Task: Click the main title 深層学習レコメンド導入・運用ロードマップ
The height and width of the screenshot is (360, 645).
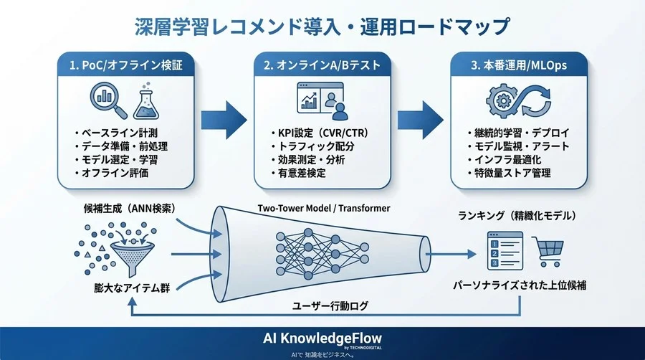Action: click(x=322, y=27)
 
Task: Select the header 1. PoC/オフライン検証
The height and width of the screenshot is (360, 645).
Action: click(x=126, y=65)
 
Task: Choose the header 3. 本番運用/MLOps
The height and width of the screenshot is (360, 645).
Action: click(x=519, y=65)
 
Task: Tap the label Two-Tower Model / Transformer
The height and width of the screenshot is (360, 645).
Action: click(x=323, y=208)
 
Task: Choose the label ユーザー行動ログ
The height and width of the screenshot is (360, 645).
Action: click(x=330, y=305)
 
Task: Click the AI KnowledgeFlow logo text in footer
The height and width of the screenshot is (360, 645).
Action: click(x=322, y=336)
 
